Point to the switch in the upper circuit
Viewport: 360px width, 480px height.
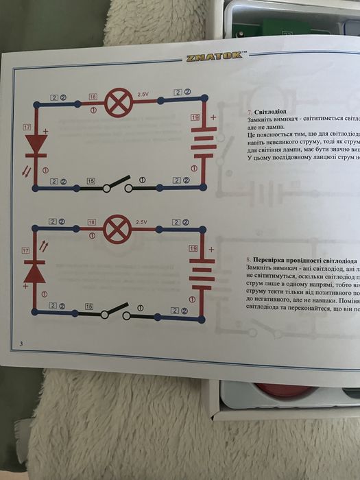[117, 185]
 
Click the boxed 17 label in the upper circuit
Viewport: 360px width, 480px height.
[27, 128]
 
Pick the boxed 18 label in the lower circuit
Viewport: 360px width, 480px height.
[92, 222]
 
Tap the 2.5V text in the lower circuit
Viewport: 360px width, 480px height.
[142, 223]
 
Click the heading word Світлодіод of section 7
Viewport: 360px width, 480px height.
[272, 110]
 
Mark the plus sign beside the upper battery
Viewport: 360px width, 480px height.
[213, 117]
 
